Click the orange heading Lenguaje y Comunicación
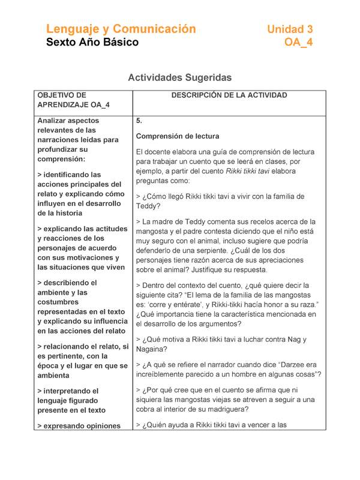point(121,29)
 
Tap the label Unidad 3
point(290,29)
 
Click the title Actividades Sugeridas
point(180,77)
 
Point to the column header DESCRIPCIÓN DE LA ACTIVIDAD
point(229,95)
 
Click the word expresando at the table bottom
point(69,425)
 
